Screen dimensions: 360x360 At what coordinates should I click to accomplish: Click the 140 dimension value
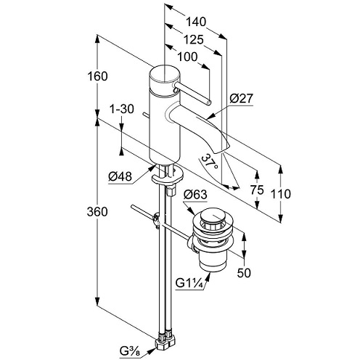coord(196,22)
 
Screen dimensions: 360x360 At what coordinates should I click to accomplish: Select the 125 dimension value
coord(193,40)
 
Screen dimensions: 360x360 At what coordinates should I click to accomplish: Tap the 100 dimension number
coord(187,57)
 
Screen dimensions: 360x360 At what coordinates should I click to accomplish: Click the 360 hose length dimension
coord(97,212)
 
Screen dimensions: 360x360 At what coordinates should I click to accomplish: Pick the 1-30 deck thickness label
coord(122,109)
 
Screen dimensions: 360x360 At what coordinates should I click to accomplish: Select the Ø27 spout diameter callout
coord(241,99)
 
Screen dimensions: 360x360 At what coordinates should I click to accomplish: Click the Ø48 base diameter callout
coord(120,177)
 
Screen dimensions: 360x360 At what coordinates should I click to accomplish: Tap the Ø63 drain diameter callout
coord(195,195)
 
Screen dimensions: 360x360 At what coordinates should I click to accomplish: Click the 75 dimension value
coord(257,190)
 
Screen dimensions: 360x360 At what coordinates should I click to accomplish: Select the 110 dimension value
coord(280,194)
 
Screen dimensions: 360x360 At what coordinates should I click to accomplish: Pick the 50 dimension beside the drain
coord(244,273)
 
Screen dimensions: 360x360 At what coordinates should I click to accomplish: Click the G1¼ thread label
coord(189,283)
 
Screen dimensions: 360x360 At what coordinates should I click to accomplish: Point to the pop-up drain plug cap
coord(213,216)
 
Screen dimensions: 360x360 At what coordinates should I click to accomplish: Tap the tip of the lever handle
coord(209,103)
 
